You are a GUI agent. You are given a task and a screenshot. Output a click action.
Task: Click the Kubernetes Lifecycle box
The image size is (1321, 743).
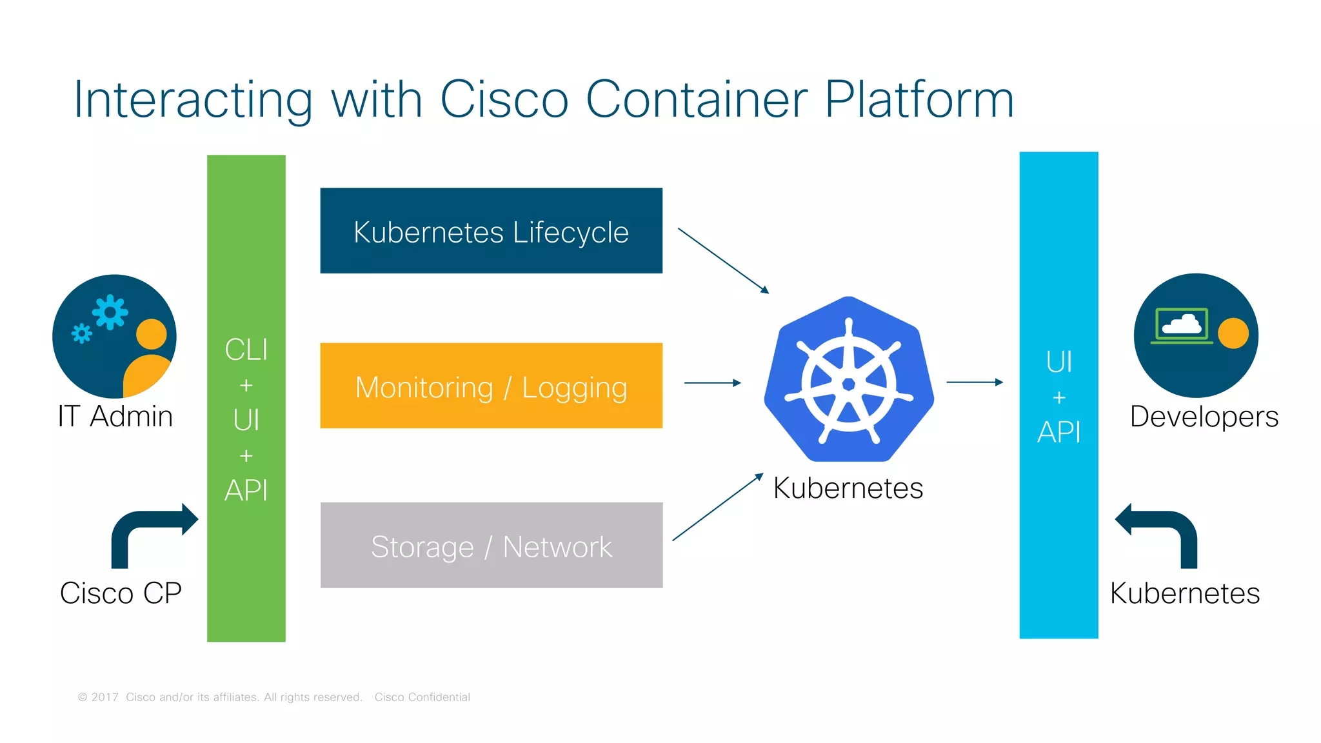point(491,231)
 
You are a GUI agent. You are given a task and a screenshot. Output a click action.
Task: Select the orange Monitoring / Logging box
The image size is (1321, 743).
point(491,386)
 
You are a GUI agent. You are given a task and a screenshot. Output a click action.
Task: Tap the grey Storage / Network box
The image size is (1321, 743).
point(491,545)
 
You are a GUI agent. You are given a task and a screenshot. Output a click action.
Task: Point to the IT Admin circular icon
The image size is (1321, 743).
point(114,336)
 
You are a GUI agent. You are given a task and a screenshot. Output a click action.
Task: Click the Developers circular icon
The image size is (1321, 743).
point(1196,335)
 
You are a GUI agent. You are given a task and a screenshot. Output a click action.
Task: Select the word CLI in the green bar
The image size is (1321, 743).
point(246,350)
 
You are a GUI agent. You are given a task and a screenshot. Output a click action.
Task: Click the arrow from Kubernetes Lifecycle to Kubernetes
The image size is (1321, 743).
point(723,261)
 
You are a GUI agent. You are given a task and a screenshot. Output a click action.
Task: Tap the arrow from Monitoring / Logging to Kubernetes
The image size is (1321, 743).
point(712,383)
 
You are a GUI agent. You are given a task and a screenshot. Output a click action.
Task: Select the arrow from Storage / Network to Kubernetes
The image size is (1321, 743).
point(717,507)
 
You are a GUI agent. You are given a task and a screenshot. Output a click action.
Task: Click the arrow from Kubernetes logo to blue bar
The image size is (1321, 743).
point(974,382)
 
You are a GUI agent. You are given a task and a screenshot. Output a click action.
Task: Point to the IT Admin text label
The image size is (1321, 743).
point(115,417)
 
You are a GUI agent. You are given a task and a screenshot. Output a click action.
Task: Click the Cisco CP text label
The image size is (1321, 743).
point(121,593)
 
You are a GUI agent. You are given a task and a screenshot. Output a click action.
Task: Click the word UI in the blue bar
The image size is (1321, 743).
point(1058,362)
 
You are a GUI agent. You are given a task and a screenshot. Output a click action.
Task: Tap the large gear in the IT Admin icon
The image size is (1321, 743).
point(110,313)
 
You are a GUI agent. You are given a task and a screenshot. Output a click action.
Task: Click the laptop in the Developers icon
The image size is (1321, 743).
point(1182,325)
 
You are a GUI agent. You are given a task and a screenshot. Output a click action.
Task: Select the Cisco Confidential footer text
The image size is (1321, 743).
point(422,697)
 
